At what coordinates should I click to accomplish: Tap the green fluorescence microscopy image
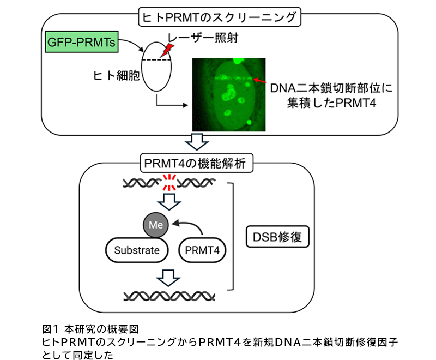228,93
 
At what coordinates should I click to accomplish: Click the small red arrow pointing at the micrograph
260,82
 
